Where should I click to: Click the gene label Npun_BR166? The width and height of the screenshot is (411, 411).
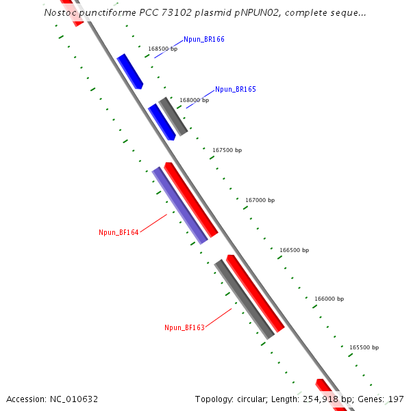204,40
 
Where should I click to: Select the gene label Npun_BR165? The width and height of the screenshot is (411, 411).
236,90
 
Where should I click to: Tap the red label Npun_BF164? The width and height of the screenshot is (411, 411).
119,233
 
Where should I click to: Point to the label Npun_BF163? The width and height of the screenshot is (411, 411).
184,328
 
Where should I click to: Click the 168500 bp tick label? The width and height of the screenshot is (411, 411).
163,49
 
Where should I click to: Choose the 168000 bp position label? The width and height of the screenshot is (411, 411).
195,100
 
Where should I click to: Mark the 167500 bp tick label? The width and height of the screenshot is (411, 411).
227,150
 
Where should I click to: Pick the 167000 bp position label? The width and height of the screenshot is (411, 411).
260,200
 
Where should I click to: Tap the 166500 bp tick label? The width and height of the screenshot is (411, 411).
294,250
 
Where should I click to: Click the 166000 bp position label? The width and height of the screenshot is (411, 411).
329,299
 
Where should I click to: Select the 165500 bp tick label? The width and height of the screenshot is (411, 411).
364,347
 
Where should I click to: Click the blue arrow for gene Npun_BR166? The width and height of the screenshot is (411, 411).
129,71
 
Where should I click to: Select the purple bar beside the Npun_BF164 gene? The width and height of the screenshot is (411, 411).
179,205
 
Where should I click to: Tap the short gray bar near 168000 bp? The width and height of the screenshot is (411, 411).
173,116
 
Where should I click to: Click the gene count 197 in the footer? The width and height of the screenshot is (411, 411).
396,399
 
